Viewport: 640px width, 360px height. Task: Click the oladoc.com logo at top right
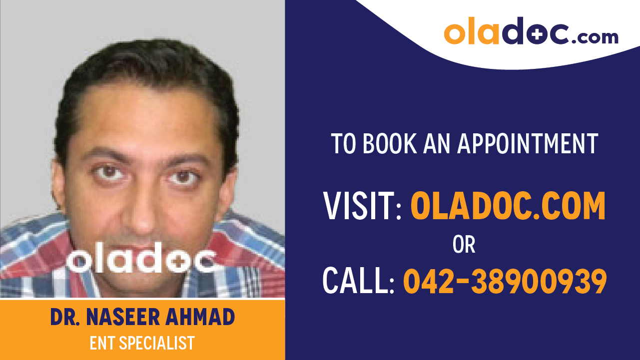tap(531, 32)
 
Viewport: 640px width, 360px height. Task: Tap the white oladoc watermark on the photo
tap(142, 260)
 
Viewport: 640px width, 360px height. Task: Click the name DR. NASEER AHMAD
tap(142, 318)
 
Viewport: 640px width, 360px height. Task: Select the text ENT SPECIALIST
tap(142, 343)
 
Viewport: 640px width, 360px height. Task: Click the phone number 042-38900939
tap(505, 281)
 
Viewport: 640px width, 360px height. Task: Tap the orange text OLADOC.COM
tap(508, 206)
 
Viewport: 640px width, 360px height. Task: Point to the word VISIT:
tap(362, 206)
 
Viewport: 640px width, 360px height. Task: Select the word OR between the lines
tap(464, 245)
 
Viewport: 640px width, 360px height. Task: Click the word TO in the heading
tap(344, 143)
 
